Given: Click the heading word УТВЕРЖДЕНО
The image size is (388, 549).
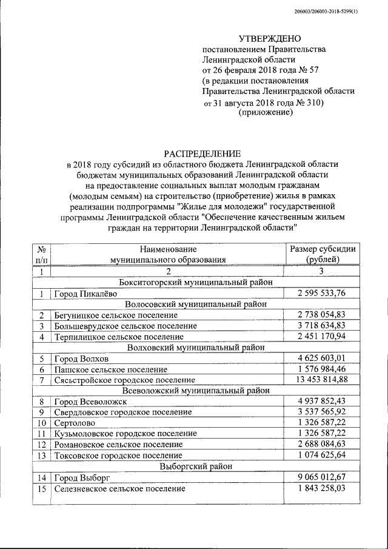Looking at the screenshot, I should pos(265,38).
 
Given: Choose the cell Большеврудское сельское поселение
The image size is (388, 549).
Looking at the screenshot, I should pos(125,326).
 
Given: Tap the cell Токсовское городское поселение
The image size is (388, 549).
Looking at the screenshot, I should pos(118,455).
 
